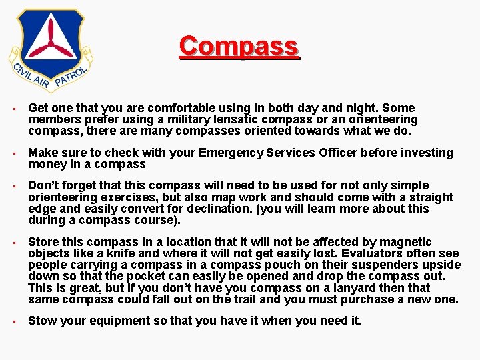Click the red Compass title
(x=239, y=47)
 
